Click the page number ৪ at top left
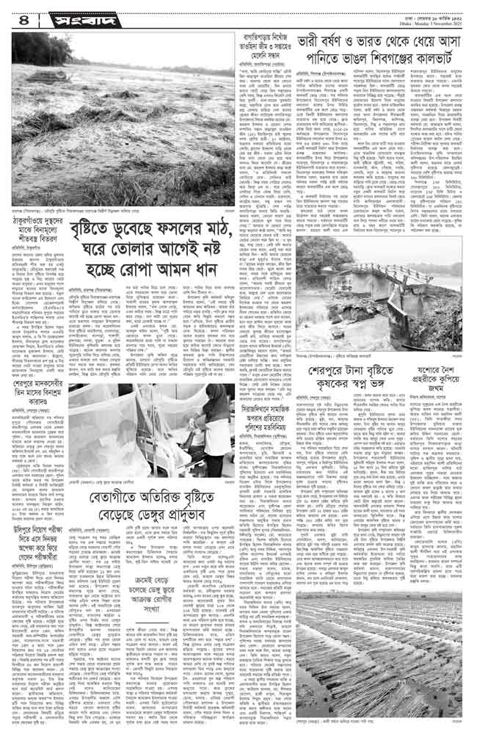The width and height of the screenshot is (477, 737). pos(16,14)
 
